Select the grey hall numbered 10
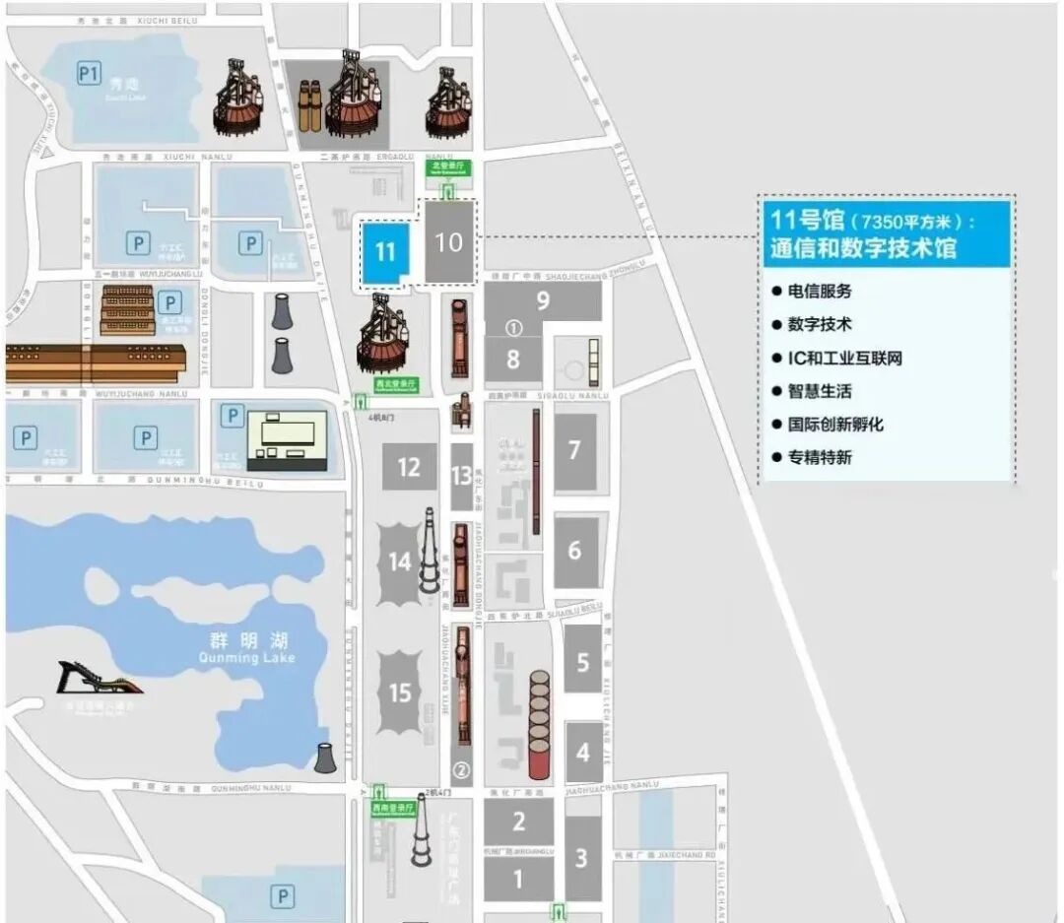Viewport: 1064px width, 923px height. [448, 242]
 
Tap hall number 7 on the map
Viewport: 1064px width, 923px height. [574, 452]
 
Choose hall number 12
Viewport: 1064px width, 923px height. [409, 467]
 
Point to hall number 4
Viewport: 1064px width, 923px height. [583, 752]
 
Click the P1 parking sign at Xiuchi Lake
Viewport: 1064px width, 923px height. [90, 73]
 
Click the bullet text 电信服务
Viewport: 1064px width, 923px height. [819, 292]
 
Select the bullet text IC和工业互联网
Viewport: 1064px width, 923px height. [844, 358]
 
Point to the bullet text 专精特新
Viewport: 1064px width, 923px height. [819, 457]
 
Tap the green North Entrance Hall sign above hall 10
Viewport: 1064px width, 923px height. [448, 167]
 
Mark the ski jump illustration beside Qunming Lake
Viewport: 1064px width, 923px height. [99, 679]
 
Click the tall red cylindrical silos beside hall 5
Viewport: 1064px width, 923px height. [539, 724]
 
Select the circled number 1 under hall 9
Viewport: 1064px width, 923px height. [512, 326]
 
